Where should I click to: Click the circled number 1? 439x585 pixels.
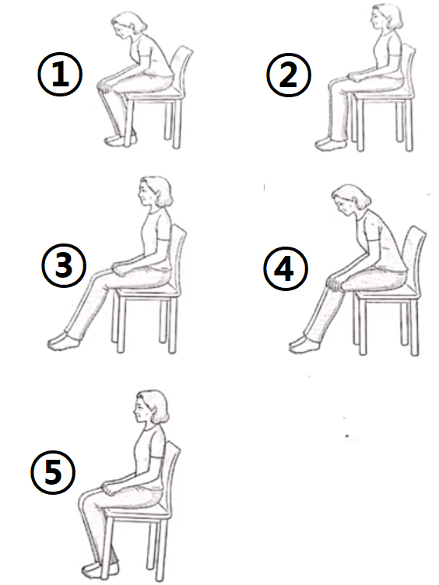60,74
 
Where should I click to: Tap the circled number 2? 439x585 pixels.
289,75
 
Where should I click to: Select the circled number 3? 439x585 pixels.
64,265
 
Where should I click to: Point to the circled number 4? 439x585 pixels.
286,268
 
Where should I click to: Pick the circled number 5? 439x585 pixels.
53,472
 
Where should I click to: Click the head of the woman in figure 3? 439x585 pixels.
156,191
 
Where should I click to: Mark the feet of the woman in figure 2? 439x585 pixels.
330,144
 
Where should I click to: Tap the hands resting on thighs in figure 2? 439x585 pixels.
357,78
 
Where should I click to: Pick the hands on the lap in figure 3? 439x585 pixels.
123,268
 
